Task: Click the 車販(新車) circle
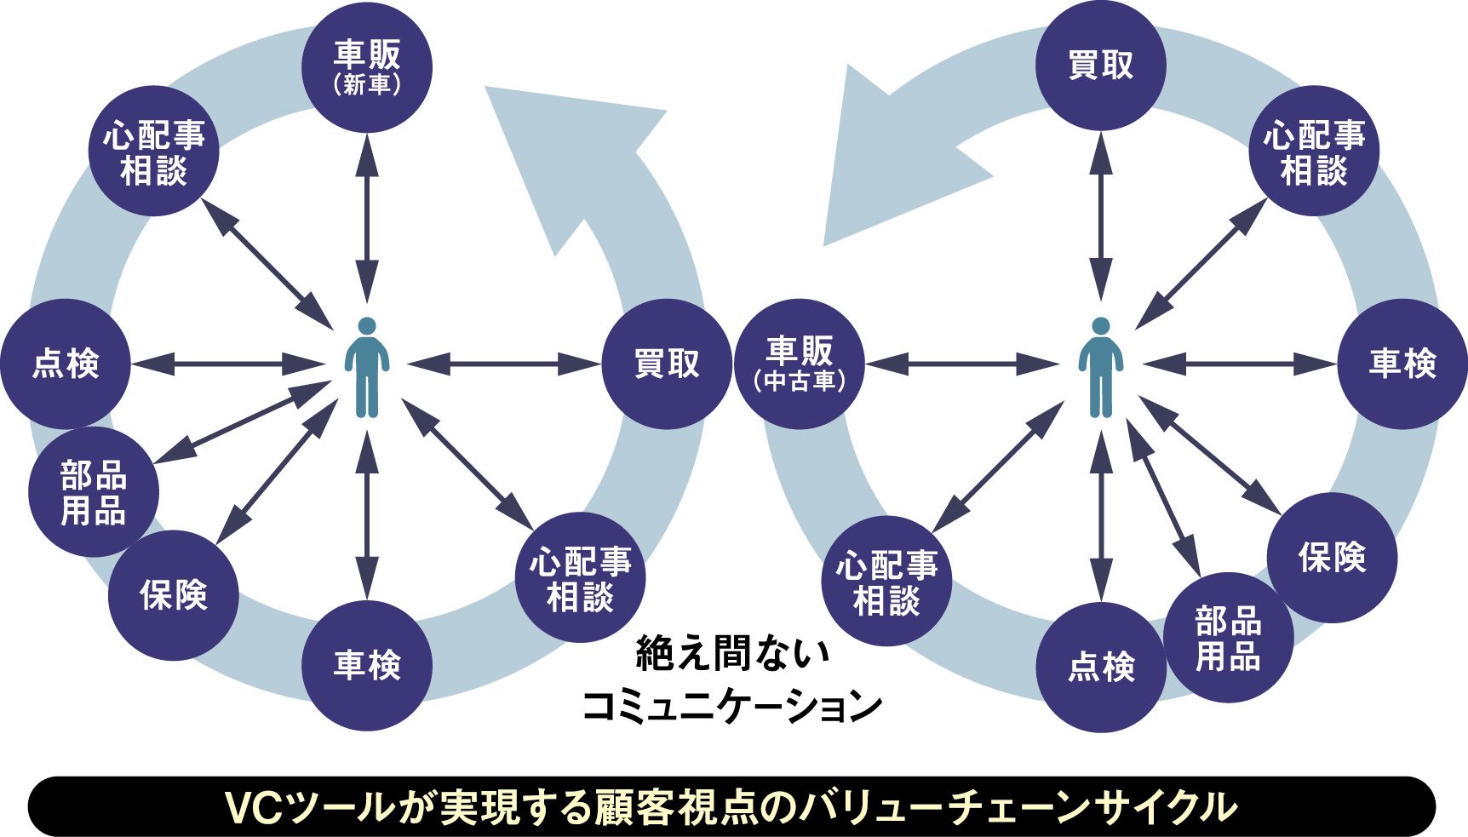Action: [x=367, y=67]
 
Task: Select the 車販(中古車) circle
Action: [x=799, y=364]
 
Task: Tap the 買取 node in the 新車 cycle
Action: [x=666, y=364]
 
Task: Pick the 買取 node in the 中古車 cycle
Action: [x=1100, y=66]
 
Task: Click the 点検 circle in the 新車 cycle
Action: [x=66, y=364]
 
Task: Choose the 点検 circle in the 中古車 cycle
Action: [x=1101, y=667]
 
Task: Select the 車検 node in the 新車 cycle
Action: [x=367, y=665]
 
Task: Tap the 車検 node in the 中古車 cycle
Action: [x=1402, y=364]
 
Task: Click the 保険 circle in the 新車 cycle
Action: [x=174, y=594]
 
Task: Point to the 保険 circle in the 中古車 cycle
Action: [x=1332, y=557]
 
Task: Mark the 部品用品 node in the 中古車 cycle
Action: [x=1228, y=638]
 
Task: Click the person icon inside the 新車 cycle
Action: [x=367, y=367]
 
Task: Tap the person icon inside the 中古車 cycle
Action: [x=1100, y=367]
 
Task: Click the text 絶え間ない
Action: [x=731, y=654]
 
